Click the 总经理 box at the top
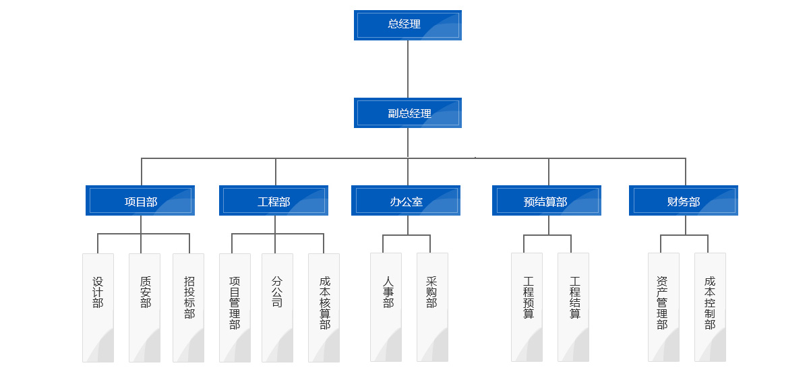[x=407, y=25]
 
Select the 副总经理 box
[x=407, y=113]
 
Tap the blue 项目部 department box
[x=140, y=201]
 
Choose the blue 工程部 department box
[x=274, y=201]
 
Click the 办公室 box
[x=406, y=201]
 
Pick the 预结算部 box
[x=546, y=201]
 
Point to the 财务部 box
[x=684, y=201]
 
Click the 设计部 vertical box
[x=98, y=307]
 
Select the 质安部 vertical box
[x=144, y=307]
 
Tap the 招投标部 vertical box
[x=188, y=307]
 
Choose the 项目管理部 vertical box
[x=235, y=307]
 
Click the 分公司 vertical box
[x=277, y=307]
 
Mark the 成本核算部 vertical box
[x=324, y=307]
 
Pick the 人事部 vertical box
[x=386, y=307]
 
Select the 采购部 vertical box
[x=432, y=307]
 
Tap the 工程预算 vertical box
[x=527, y=307]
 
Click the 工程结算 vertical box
[x=573, y=307]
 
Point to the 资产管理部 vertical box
[x=663, y=307]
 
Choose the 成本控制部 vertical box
[x=710, y=307]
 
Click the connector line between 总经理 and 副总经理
[x=408, y=69]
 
